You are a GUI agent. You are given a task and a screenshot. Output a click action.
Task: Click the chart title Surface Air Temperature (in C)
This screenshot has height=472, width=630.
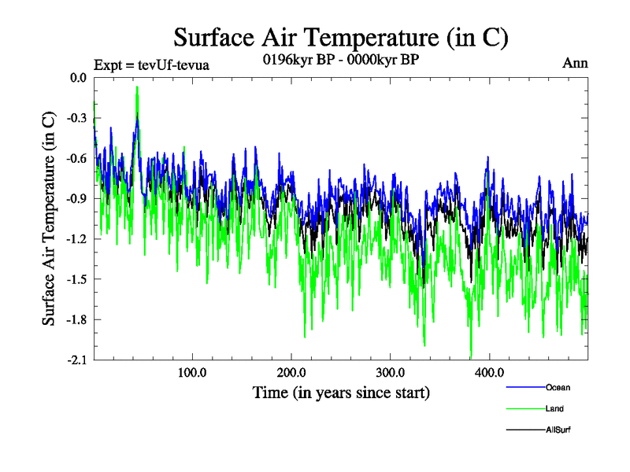340,37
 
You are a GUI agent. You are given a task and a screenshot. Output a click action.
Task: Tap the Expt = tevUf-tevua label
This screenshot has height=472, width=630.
151,65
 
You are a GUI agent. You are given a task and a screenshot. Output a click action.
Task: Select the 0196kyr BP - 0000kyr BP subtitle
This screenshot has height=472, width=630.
340,61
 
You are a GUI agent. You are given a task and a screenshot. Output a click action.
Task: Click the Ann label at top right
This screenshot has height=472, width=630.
575,64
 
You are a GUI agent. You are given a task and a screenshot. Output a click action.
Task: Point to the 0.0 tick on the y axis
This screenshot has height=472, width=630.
78,78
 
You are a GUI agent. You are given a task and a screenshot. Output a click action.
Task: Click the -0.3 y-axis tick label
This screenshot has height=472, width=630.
76,118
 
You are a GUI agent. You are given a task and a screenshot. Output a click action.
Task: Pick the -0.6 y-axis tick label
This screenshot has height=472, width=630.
76,158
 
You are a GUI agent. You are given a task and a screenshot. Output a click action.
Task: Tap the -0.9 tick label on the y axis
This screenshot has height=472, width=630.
76,198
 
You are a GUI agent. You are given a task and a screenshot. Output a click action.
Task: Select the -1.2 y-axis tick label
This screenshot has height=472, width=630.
76,239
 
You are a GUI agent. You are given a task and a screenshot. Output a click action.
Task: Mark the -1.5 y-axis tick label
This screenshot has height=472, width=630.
76,279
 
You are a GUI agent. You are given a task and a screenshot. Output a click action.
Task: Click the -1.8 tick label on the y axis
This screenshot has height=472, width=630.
76,319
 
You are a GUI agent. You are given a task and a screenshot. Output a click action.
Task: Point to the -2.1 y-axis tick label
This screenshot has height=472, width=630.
76,360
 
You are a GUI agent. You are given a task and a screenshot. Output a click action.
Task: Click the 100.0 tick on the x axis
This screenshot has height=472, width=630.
192,372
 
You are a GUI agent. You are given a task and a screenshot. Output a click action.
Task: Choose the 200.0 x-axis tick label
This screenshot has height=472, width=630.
291,372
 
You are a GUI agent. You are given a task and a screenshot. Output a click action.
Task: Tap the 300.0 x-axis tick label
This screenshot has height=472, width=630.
391,372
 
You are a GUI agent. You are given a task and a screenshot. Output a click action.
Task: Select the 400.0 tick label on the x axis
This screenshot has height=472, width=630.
490,372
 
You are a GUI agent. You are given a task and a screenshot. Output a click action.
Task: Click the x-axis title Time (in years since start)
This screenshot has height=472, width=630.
340,392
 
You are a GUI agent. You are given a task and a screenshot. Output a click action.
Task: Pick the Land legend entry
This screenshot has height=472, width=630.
554,408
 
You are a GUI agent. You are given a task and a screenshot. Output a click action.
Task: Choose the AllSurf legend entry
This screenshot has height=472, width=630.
558,430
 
